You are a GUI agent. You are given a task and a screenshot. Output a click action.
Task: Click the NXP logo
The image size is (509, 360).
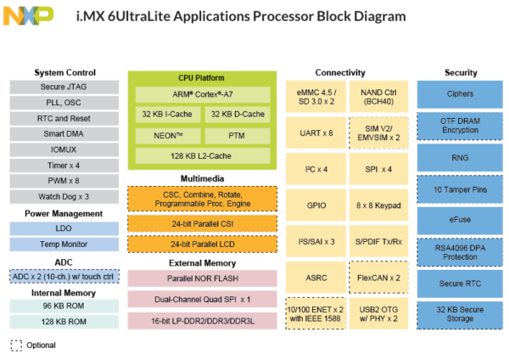pyautogui.click(x=28, y=15)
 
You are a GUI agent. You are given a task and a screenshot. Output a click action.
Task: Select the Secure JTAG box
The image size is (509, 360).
pyautogui.click(x=64, y=87)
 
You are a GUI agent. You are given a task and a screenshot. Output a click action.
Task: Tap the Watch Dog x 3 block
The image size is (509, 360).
pyautogui.click(x=64, y=197)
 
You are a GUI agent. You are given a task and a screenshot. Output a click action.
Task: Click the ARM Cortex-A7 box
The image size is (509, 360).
pyautogui.click(x=203, y=94)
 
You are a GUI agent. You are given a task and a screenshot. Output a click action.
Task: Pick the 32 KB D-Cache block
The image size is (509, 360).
pyautogui.click(x=238, y=115)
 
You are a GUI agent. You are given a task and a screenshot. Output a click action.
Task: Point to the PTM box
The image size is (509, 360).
pyautogui.click(x=238, y=136)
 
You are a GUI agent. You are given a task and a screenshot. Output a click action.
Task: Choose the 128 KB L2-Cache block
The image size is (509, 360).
pyautogui.click(x=203, y=156)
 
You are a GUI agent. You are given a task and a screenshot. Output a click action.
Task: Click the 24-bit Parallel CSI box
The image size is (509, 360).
pyautogui.click(x=202, y=224)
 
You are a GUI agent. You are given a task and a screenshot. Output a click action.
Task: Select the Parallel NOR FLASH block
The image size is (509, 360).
pyautogui.click(x=202, y=278)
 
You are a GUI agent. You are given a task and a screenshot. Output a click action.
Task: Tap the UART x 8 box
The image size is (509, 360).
pyautogui.click(x=316, y=133)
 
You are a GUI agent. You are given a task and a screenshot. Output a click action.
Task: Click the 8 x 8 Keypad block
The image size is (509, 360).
pyautogui.click(x=378, y=205)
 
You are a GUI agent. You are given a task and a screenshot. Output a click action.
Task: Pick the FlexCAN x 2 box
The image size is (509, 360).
pyautogui.click(x=378, y=278)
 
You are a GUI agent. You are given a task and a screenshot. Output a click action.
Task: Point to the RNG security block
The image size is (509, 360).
pyautogui.click(x=460, y=158)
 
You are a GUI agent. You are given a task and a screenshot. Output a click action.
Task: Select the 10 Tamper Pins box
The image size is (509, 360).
pyautogui.click(x=460, y=189)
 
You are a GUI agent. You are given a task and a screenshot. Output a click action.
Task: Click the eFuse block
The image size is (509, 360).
pyautogui.click(x=460, y=220)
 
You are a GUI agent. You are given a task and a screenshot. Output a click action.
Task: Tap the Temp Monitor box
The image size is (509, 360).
pyautogui.click(x=64, y=245)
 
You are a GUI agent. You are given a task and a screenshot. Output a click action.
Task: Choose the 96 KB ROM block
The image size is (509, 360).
pyautogui.click(x=64, y=306)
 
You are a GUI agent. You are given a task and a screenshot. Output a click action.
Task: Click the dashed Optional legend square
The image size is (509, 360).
pyautogui.click(x=16, y=346)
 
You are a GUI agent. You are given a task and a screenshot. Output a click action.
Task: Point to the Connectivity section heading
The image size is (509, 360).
pyautogui.click(x=340, y=72)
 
